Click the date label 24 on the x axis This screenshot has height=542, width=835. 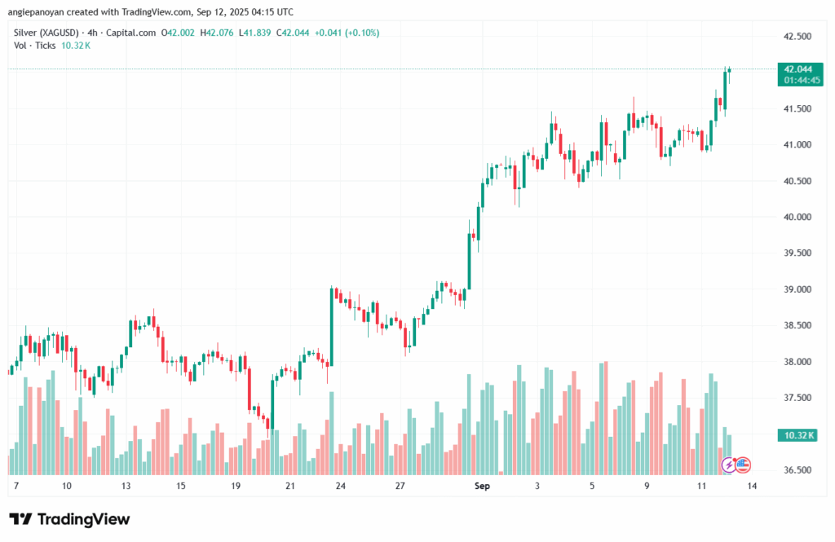tap(340, 487)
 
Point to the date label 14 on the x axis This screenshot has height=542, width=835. tap(751, 487)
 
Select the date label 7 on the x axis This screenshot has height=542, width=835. tap(16, 487)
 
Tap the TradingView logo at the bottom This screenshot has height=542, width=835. tap(69, 519)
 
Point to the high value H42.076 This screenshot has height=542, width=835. tap(215, 33)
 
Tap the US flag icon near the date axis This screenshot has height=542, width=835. tap(743, 465)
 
